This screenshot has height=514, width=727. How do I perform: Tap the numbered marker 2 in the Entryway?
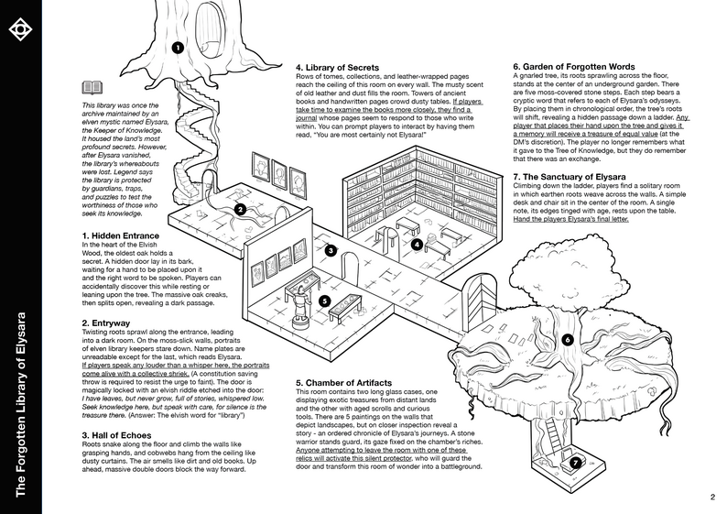click(239, 209)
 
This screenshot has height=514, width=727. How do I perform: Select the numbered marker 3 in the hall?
click(331, 249)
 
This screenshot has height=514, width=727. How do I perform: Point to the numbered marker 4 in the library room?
click(417, 245)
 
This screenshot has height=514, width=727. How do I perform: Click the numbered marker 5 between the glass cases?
click(324, 301)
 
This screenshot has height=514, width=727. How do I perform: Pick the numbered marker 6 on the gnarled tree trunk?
click(567, 340)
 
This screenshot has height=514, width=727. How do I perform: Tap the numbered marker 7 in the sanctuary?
click(574, 462)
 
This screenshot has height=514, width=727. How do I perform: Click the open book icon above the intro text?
click(92, 88)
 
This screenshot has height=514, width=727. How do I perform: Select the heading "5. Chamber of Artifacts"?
click(350, 381)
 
